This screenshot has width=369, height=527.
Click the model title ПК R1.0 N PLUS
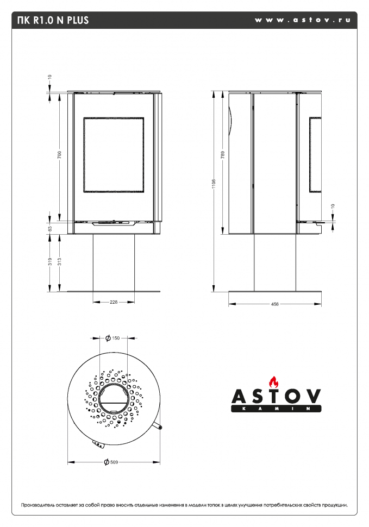point(53,21)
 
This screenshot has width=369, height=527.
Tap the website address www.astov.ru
point(301,20)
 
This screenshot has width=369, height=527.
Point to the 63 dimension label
point(50,229)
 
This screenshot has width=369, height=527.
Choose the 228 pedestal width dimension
point(114,302)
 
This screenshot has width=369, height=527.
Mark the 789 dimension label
point(223,154)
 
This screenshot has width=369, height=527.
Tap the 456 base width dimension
point(274,304)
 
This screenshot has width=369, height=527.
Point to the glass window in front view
point(114,155)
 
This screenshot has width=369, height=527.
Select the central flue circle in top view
point(114,399)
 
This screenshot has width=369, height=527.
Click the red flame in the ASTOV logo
point(274,381)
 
